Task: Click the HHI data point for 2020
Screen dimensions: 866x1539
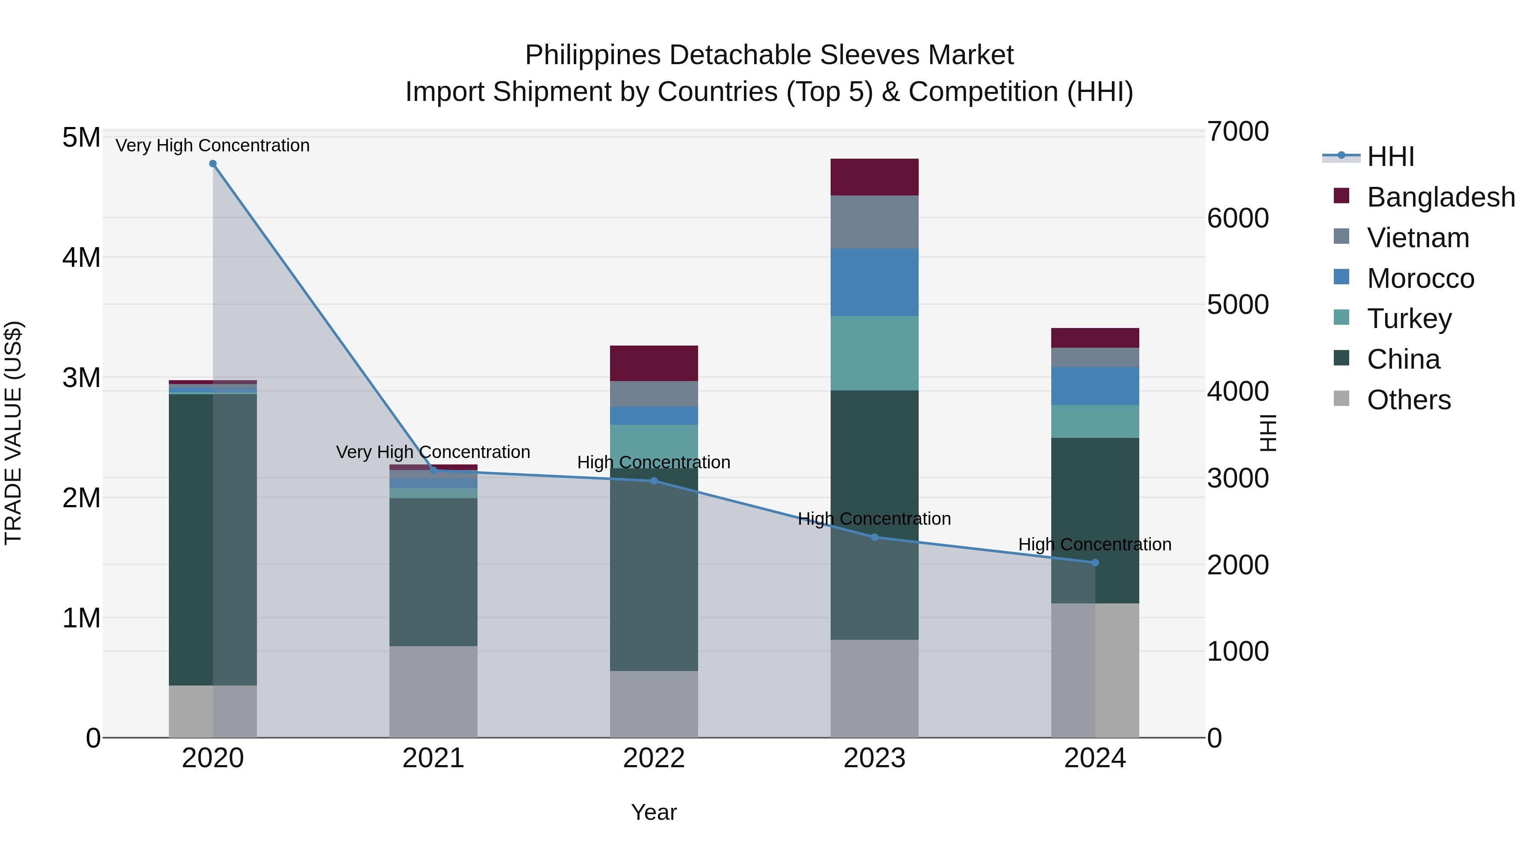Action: pos(213,164)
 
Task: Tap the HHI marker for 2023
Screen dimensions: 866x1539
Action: pos(874,537)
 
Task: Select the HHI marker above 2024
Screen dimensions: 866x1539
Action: pos(1094,562)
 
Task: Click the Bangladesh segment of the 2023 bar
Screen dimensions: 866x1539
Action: pos(874,177)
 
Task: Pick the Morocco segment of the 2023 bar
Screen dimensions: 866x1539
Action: pos(874,282)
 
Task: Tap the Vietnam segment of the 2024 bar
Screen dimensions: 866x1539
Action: pos(1094,358)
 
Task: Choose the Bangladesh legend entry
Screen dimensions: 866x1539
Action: pos(1440,197)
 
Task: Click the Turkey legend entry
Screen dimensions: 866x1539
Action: pos(1409,319)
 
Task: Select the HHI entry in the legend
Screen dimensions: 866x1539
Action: pos(1390,157)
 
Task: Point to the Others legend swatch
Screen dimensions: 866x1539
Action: pos(1341,399)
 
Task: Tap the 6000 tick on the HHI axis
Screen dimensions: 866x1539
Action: pos(1237,218)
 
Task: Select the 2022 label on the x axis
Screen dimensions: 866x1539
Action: pos(654,758)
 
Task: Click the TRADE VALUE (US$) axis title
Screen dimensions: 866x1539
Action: pos(13,433)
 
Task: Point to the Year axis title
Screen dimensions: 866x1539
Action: pos(654,812)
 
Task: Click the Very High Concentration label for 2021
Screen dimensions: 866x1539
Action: pos(433,452)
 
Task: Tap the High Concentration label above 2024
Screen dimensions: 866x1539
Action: pos(1094,544)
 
